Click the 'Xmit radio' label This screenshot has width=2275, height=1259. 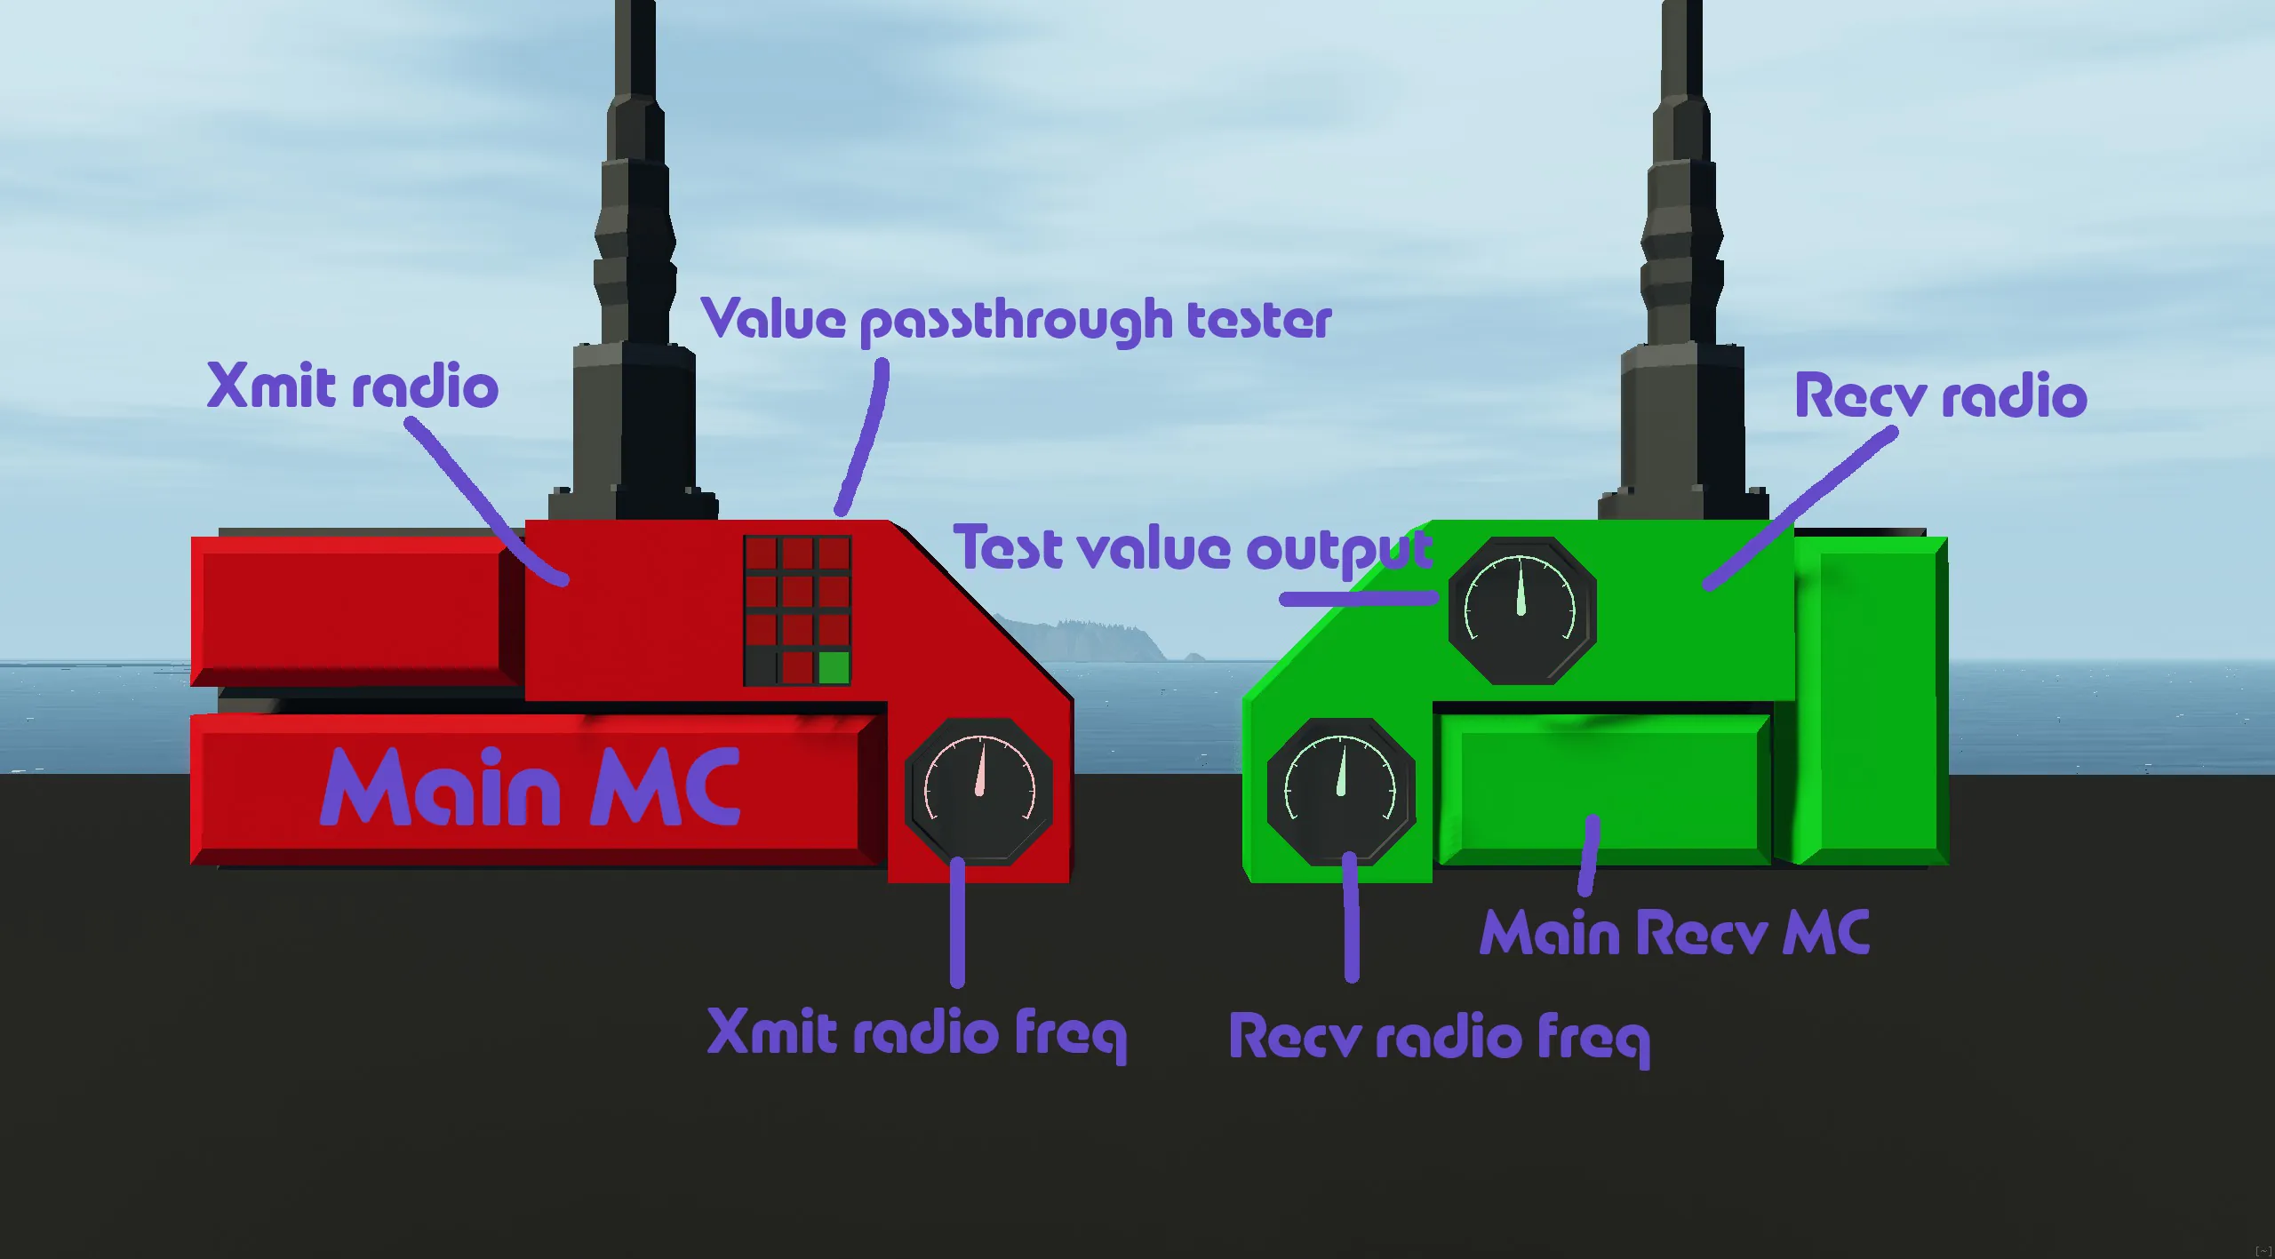(x=352, y=388)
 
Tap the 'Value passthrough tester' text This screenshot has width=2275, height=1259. (x=1017, y=321)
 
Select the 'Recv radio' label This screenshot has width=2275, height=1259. (x=1941, y=396)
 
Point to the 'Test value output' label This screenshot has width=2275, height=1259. (x=1193, y=548)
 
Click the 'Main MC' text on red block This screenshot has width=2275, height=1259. (x=530, y=787)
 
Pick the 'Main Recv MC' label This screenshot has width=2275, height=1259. (x=1674, y=934)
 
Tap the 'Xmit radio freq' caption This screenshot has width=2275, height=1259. (x=915, y=1033)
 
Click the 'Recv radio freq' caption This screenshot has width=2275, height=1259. (x=1439, y=1038)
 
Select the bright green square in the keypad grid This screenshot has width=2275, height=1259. (x=834, y=667)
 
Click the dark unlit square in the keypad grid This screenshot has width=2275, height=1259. (x=761, y=667)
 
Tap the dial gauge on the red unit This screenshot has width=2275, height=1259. (x=979, y=791)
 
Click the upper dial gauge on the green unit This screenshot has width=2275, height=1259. (x=1521, y=610)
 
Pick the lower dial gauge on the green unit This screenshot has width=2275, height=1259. (x=1340, y=791)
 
